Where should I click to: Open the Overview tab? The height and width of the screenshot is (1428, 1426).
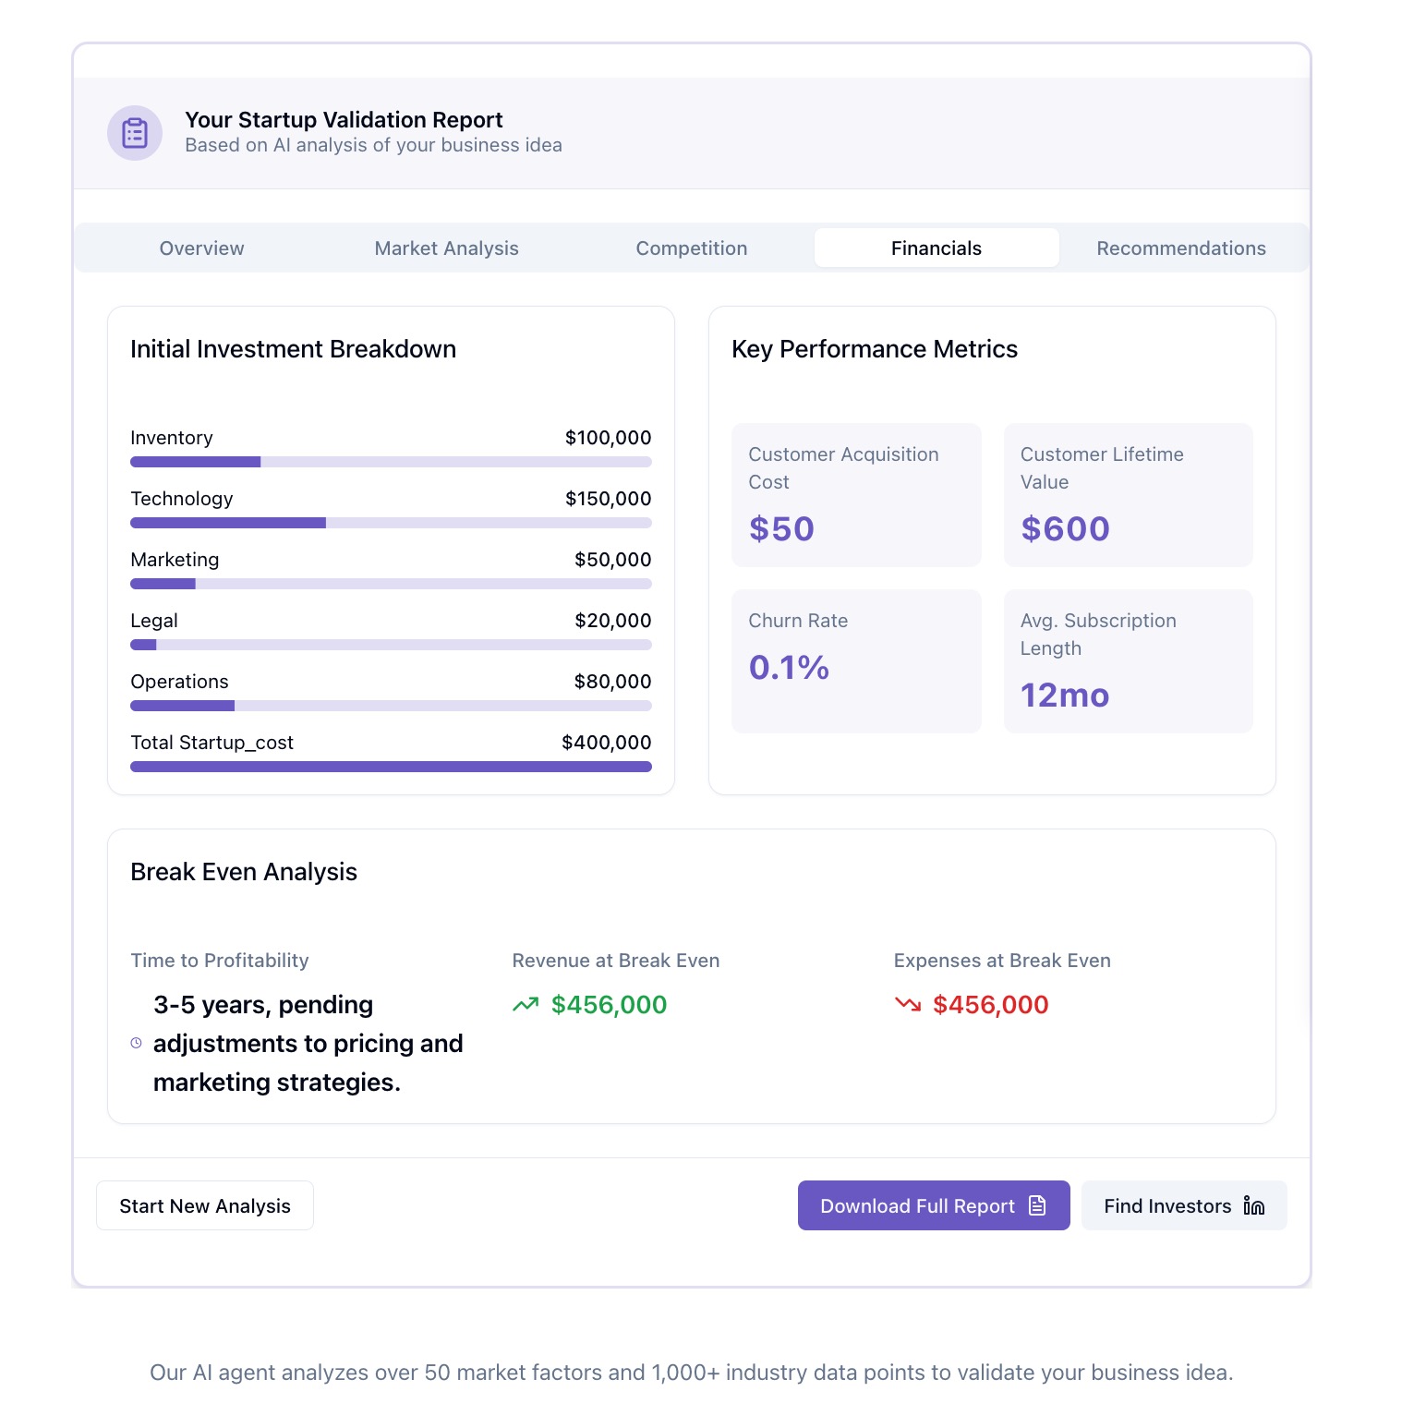(201, 248)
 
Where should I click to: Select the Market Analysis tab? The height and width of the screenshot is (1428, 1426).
(446, 248)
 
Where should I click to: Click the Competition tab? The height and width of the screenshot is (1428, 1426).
(691, 248)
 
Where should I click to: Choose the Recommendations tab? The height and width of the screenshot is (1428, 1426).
(1180, 248)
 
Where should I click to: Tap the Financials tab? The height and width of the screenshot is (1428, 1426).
(936, 248)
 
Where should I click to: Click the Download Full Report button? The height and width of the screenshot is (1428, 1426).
(933, 1205)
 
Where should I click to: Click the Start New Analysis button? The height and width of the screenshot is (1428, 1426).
(205, 1205)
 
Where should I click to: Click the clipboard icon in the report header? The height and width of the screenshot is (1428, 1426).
(135, 133)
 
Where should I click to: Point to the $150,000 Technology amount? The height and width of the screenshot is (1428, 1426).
(608, 499)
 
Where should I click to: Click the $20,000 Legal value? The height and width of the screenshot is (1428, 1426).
(612, 621)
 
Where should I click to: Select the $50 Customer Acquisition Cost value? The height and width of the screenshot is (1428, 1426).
(781, 528)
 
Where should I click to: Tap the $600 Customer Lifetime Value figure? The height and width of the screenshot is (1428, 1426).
(1065, 528)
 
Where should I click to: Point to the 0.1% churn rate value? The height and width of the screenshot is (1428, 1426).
(789, 667)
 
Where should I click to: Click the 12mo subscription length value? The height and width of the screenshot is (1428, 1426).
(1064, 695)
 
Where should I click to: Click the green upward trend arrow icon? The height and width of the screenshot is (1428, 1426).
(526, 1004)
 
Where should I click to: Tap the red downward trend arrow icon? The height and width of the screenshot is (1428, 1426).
(908, 1004)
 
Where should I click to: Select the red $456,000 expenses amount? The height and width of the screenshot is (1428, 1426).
(990, 1004)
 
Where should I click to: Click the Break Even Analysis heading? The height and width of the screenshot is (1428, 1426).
(244, 872)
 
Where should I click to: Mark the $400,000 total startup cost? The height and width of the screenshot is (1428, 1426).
(606, 743)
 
